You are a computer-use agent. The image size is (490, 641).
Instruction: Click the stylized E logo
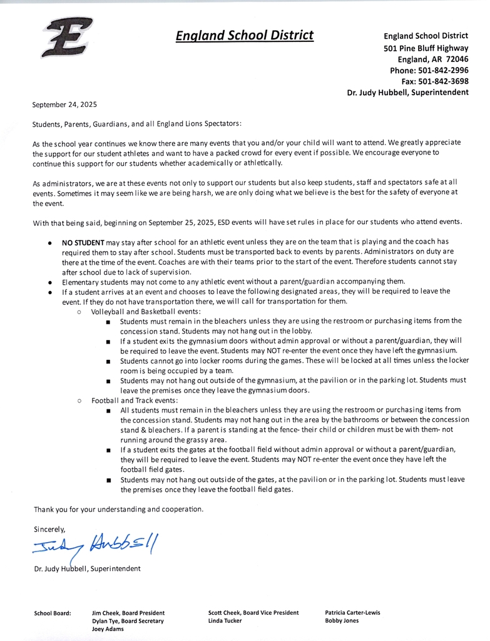click(x=67, y=37)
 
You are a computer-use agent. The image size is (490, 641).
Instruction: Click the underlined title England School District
click(x=245, y=35)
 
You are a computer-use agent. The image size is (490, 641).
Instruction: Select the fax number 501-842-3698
click(x=443, y=81)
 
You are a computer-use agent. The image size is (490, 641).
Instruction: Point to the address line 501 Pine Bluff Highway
click(x=426, y=48)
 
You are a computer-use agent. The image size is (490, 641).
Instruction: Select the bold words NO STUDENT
click(x=83, y=242)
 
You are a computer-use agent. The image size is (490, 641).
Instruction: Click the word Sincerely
click(x=49, y=529)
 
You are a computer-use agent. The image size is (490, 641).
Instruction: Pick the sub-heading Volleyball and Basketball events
click(x=146, y=311)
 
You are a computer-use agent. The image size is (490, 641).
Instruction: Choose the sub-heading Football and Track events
click(x=135, y=400)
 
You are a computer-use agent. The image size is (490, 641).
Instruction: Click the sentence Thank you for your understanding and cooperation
click(x=118, y=509)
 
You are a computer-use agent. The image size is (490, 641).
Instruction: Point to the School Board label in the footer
click(x=52, y=613)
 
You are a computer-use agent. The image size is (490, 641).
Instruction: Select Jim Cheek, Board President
click(x=128, y=613)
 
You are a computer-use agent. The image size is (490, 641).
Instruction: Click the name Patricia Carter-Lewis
click(x=352, y=613)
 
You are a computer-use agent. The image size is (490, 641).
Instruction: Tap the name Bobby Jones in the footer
click(x=342, y=621)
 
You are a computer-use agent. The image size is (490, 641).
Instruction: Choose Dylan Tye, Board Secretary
click(x=128, y=621)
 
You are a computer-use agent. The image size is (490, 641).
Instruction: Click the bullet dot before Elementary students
click(x=49, y=282)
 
